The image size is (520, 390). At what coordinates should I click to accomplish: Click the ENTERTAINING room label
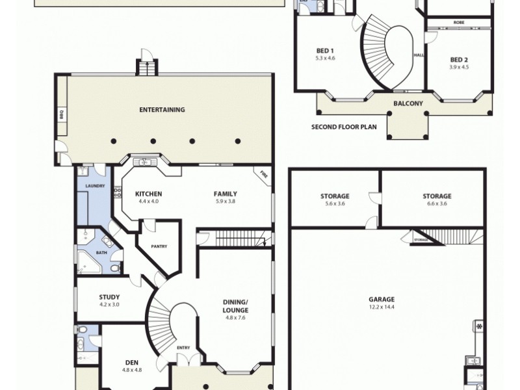pyautogui.click(x=162, y=110)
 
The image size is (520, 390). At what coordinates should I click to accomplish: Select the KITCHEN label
pyautogui.click(x=148, y=194)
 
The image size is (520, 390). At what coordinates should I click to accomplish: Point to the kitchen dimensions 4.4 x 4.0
pyautogui.click(x=148, y=201)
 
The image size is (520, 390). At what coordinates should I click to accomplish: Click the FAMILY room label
pyautogui.click(x=226, y=194)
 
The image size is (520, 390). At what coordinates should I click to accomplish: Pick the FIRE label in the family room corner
pyautogui.click(x=263, y=174)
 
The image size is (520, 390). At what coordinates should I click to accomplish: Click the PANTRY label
pyautogui.click(x=159, y=246)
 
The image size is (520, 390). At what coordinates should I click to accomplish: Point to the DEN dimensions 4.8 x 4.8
pyautogui.click(x=131, y=370)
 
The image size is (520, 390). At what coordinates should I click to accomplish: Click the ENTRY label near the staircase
pyautogui.click(x=183, y=348)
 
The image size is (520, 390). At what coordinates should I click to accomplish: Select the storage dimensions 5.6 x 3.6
pyautogui.click(x=335, y=204)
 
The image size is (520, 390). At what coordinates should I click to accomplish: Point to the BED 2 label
pyautogui.click(x=459, y=59)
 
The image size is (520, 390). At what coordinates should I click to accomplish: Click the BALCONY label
pyautogui.click(x=408, y=103)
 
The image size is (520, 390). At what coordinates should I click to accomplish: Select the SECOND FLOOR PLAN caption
pyautogui.click(x=344, y=127)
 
